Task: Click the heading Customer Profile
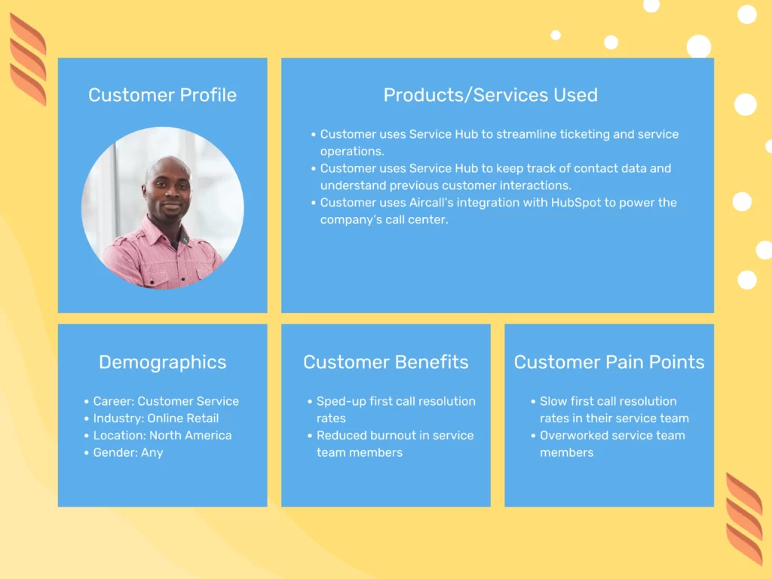(x=162, y=95)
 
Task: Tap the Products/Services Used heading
(x=490, y=95)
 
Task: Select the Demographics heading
(x=162, y=362)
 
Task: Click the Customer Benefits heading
(x=385, y=362)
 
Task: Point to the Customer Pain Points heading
(x=609, y=362)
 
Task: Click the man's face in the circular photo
(x=167, y=185)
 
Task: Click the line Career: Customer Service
(x=166, y=401)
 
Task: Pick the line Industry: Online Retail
(x=156, y=418)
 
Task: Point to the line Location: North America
(x=162, y=435)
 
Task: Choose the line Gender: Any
(x=128, y=452)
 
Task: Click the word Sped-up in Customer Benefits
(x=341, y=401)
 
